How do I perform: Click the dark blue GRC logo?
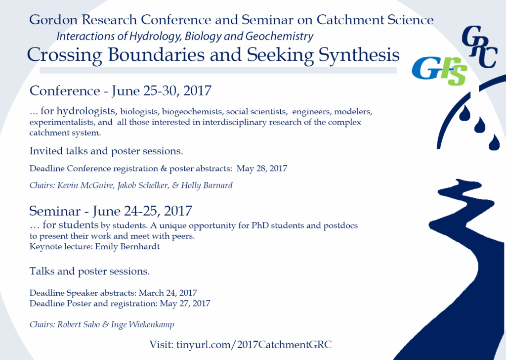click(479, 47)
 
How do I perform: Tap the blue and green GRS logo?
click(439, 71)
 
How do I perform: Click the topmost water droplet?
click(464, 113)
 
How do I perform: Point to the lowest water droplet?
click(494, 143)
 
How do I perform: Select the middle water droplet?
click(480, 125)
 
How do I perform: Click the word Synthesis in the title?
click(359, 54)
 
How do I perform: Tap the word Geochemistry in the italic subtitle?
click(280, 36)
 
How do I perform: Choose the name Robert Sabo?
click(79, 324)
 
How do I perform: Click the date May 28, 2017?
click(262, 169)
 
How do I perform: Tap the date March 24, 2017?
click(168, 293)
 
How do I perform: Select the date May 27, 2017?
click(185, 304)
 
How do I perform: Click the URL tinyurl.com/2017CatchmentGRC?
click(254, 345)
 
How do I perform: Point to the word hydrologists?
click(86, 111)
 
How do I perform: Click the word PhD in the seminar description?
click(260, 225)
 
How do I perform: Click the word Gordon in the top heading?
click(53, 20)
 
